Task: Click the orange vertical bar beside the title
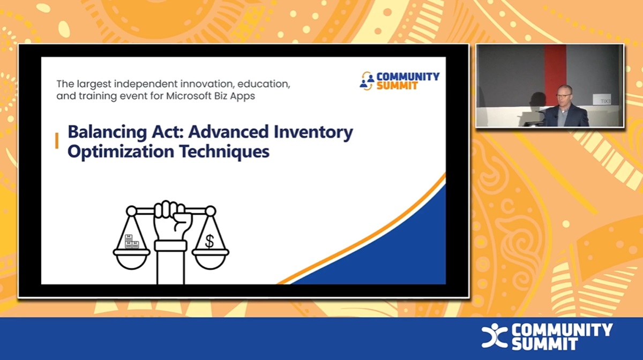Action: pyautogui.click(x=57, y=141)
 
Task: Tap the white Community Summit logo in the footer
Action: pyautogui.click(x=547, y=336)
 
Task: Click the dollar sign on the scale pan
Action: pyautogui.click(x=209, y=241)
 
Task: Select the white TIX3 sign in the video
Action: pyautogui.click(x=602, y=100)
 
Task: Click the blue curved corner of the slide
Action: pyautogui.click(x=407, y=252)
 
